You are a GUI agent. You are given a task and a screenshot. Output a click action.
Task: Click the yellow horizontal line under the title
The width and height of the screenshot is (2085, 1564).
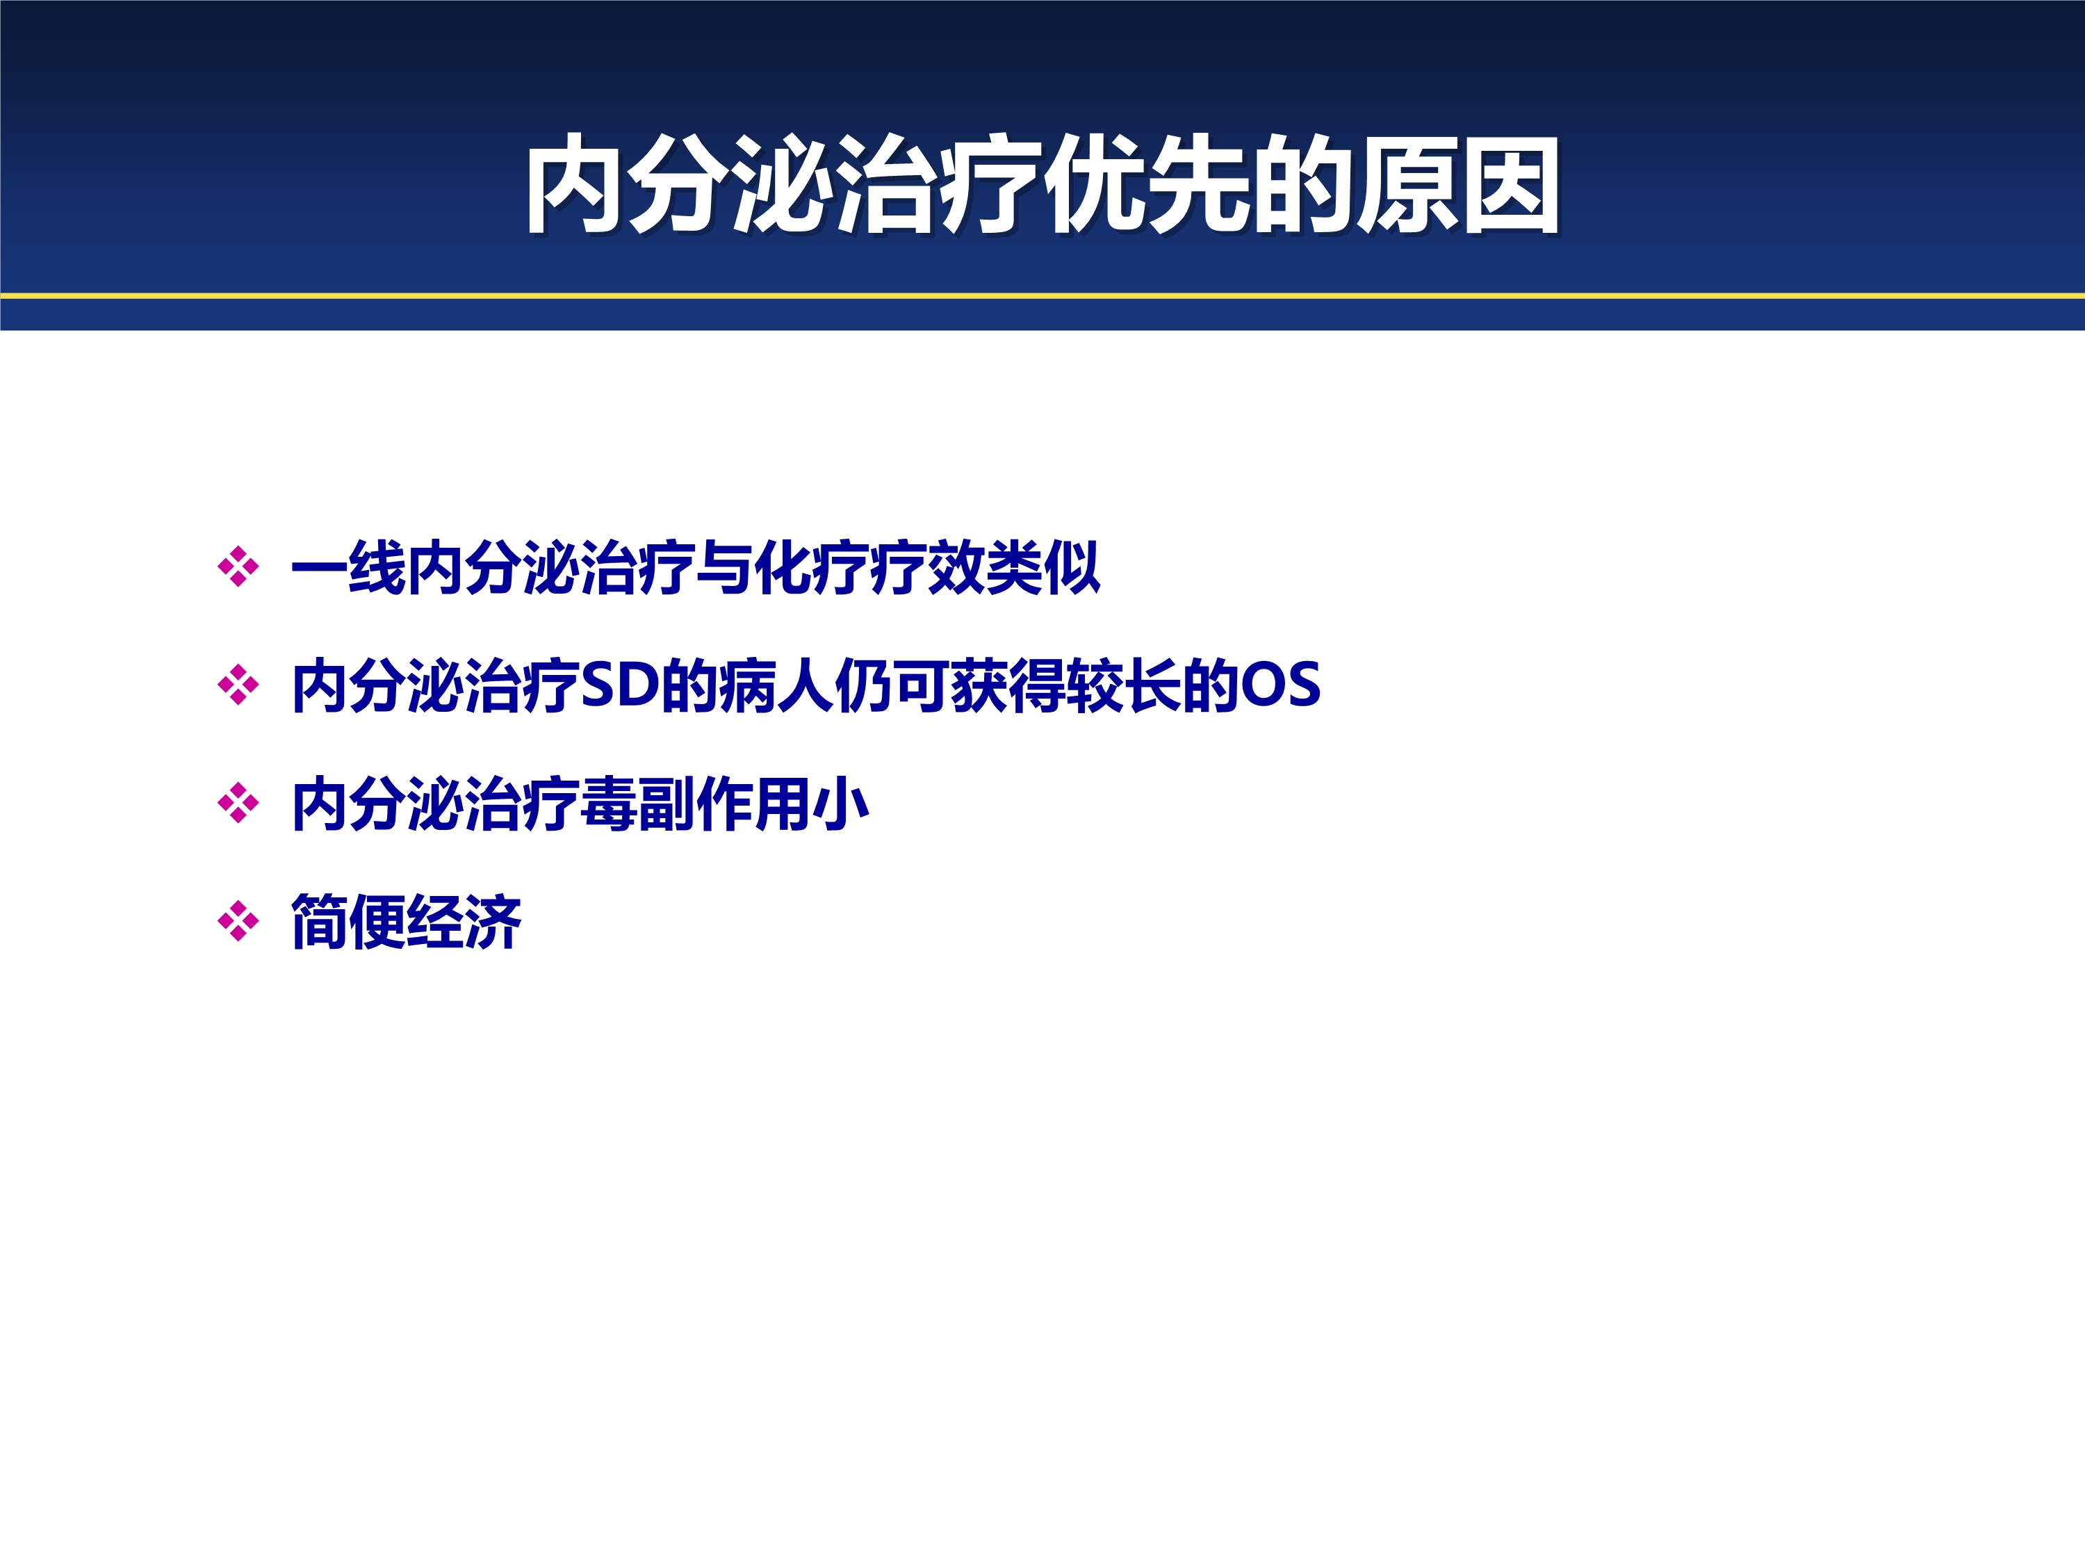pos(1042,296)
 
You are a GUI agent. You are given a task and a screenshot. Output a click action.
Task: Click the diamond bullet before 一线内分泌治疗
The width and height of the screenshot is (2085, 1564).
pos(238,567)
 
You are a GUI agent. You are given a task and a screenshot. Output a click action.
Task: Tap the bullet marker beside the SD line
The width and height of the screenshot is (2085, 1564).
pos(238,685)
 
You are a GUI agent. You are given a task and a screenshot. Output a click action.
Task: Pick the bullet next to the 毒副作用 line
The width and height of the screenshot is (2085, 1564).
pos(238,804)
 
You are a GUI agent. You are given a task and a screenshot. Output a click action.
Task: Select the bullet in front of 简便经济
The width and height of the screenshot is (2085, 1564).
pos(238,921)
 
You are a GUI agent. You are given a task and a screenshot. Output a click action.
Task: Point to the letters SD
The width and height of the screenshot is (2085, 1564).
pos(620,685)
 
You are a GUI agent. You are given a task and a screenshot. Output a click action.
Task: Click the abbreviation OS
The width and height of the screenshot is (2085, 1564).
pos(1280,685)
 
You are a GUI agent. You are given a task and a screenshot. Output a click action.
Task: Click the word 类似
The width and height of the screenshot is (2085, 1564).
pos(1042,567)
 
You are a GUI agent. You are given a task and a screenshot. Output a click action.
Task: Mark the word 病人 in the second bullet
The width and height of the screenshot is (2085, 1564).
pos(776,685)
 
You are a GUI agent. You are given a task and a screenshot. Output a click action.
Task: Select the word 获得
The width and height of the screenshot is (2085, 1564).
pos(1008,685)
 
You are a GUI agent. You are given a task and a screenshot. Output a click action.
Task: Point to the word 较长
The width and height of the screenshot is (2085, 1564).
pos(1124,685)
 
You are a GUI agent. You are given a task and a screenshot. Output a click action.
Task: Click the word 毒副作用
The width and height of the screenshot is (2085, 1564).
pos(695,804)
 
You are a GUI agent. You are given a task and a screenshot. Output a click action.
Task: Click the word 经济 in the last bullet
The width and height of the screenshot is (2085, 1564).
pos(464,922)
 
